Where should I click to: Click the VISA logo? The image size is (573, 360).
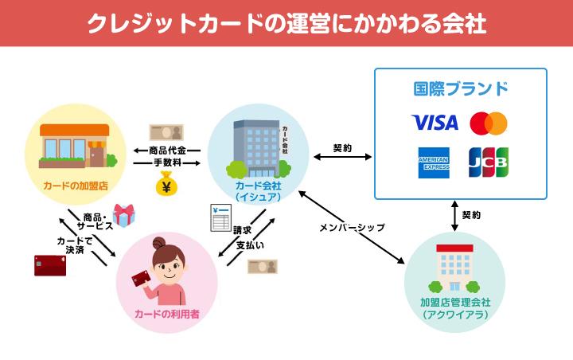435,123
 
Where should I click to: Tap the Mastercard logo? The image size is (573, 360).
488,123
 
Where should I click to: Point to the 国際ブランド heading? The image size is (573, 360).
461,88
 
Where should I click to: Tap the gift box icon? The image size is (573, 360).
123,214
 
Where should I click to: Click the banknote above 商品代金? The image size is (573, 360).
166,131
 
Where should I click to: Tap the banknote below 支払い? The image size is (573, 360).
262,267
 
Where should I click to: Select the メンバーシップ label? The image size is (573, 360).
351,227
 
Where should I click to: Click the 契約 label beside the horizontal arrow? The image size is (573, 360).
342,147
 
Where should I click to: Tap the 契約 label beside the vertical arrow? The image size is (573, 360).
471,215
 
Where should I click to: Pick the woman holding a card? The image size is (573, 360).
167,275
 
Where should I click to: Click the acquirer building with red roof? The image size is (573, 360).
454,267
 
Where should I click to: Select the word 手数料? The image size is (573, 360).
167,162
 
